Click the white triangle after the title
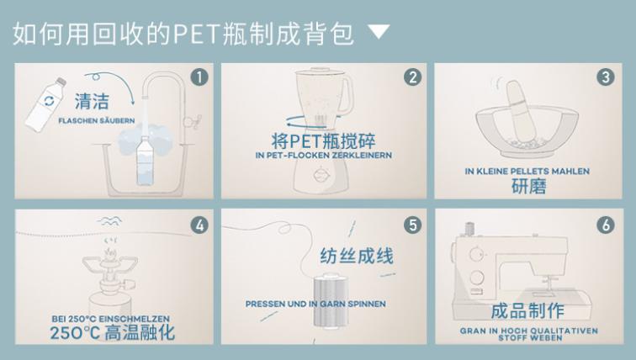(380, 32)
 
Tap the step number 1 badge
(199, 77)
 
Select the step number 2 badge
(411, 77)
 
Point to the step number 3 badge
(605, 77)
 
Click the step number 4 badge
(199, 225)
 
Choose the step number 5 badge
(411, 225)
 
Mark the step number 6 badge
(605, 225)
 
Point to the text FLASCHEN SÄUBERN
(95, 121)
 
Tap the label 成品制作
(527, 312)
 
